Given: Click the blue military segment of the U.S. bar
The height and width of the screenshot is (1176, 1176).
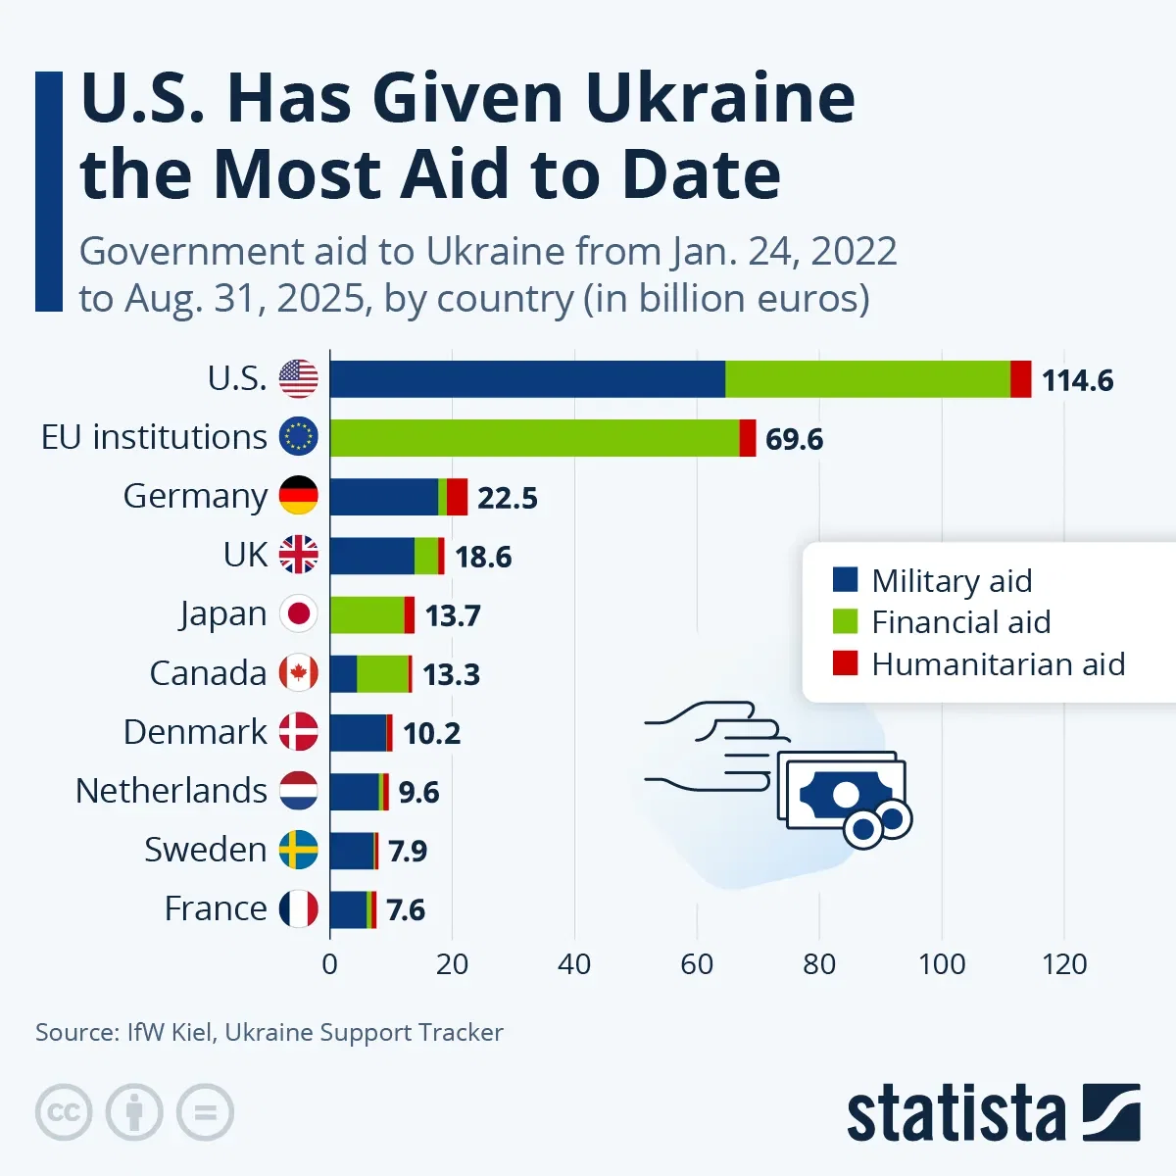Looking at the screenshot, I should tap(527, 379).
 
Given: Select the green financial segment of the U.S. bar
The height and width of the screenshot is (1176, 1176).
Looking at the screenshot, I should tap(867, 379).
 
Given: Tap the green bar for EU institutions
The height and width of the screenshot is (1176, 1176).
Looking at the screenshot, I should tap(534, 438).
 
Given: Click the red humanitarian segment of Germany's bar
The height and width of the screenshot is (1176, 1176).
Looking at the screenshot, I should tap(458, 497).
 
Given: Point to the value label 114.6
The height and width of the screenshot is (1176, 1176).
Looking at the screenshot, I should tap(1077, 380).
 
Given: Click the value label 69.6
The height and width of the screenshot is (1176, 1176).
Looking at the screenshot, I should tap(794, 439).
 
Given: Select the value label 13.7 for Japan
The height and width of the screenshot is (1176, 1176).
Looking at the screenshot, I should tap(453, 615).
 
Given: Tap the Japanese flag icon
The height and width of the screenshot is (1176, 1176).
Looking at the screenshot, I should tap(299, 614).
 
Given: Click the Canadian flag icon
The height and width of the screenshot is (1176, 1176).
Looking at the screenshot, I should tap(299, 673).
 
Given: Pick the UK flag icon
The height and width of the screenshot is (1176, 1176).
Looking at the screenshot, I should tap(299, 556).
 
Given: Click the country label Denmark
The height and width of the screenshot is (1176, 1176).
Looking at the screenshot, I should tap(195, 732).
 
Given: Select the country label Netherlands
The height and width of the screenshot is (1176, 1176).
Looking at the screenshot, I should tap(171, 791).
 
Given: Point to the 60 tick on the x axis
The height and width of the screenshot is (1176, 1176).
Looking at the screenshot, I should tap(697, 964).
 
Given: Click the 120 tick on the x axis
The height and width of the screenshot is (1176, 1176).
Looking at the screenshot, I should tap(1064, 964).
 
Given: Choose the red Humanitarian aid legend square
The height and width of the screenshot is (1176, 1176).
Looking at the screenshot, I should tap(845, 663).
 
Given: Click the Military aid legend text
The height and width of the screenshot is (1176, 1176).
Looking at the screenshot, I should tap(952, 580).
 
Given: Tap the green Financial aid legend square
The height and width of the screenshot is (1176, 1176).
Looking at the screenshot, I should tap(845, 621).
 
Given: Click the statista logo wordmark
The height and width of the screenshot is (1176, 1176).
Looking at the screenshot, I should tap(955, 1114).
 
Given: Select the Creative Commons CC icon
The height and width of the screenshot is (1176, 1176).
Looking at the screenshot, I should tap(64, 1112).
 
